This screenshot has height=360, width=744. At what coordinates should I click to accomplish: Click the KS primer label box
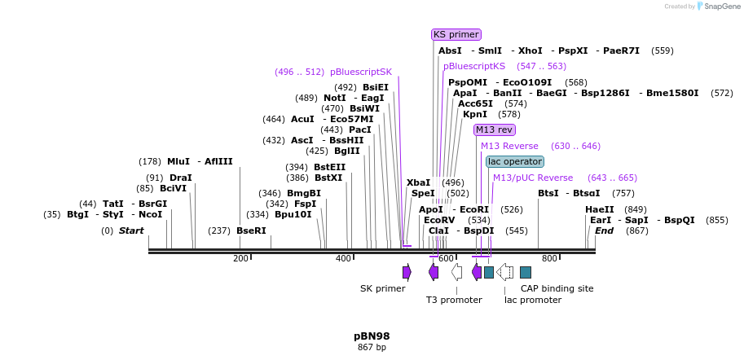[456, 34]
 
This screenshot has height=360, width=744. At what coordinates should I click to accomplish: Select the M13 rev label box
[494, 130]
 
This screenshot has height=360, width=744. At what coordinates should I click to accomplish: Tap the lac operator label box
[514, 161]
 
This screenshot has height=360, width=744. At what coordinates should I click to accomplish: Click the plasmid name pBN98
[372, 336]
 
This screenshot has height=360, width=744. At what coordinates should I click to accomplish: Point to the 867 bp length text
[372, 348]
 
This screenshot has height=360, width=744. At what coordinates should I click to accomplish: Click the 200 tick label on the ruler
[240, 259]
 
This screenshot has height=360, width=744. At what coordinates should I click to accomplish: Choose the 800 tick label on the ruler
[549, 259]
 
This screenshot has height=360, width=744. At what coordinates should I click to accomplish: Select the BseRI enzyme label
[251, 230]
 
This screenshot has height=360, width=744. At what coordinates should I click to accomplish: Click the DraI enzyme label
[181, 178]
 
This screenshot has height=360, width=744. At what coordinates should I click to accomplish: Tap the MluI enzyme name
[178, 161]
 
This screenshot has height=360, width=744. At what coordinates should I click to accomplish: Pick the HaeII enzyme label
[600, 209]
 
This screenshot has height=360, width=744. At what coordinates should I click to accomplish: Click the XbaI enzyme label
[418, 182]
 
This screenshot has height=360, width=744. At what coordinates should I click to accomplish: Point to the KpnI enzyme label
[475, 114]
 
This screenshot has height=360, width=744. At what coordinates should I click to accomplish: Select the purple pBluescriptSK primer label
[361, 72]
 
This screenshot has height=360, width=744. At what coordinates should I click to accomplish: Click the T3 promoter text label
[454, 300]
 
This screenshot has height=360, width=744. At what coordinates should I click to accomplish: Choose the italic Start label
[131, 230]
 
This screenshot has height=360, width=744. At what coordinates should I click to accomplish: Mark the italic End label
[604, 230]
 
